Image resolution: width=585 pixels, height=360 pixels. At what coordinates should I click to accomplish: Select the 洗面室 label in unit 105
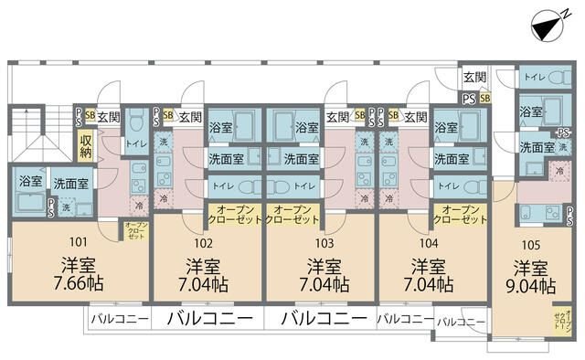pyautogui.click(x=537, y=146)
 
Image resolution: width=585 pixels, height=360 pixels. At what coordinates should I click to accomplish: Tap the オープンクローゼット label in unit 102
pyautogui.click(x=207, y=216)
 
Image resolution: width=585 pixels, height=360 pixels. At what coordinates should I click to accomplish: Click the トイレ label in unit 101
pyautogui.click(x=135, y=143)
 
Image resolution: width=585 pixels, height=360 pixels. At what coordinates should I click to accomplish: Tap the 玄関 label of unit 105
pyautogui.click(x=474, y=78)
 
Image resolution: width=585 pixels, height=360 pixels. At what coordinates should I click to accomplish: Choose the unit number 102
pyautogui.click(x=203, y=244)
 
